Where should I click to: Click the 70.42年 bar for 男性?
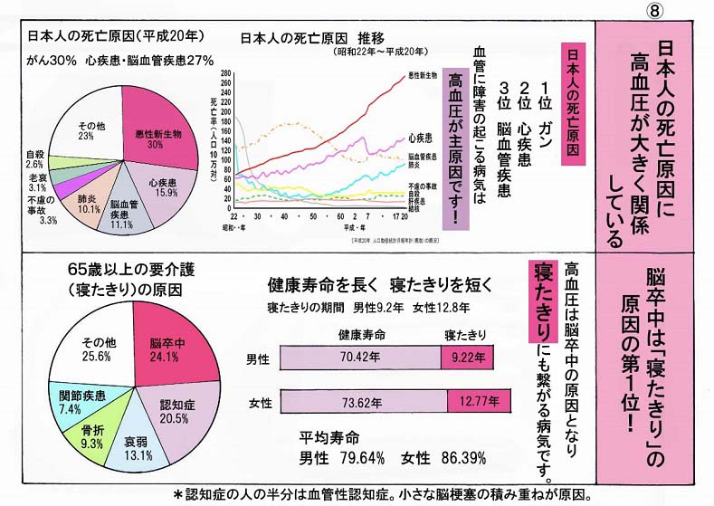(358, 358)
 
